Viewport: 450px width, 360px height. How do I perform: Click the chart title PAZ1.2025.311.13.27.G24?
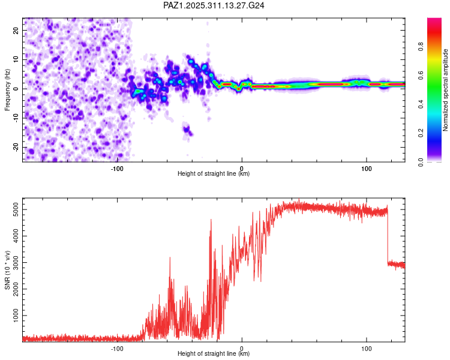[x=214, y=5]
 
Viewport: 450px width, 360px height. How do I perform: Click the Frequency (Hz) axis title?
[x=7, y=90]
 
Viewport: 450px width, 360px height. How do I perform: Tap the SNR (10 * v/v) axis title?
[x=7, y=271]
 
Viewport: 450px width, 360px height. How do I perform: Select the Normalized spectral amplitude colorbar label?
[x=446, y=90]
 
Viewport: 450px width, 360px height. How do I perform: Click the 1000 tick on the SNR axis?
[x=13, y=316]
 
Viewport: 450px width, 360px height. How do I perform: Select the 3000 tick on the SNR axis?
[x=13, y=263]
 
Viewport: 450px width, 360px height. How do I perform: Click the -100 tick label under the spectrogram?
[x=117, y=168]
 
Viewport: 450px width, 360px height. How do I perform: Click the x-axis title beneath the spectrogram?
[x=214, y=174]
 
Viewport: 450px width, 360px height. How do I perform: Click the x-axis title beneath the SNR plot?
[x=214, y=354]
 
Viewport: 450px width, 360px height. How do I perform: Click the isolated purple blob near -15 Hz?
[x=188, y=130]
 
